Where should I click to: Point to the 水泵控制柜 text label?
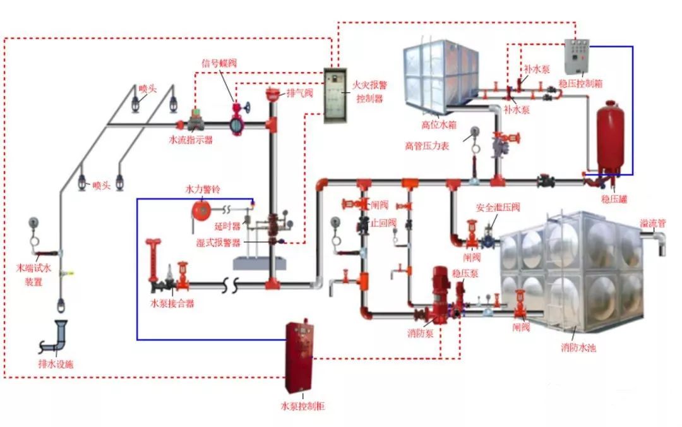302,406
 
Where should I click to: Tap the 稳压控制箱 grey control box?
577,56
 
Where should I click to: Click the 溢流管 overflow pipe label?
653,224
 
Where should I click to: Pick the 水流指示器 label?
191,140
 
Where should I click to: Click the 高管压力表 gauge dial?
472,132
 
